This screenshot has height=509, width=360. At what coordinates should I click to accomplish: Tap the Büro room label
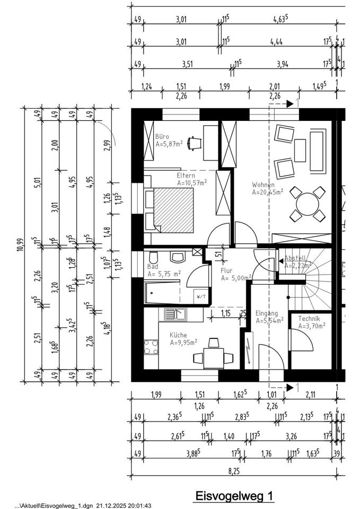[162, 136]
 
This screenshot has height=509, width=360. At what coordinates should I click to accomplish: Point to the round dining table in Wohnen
[308, 204]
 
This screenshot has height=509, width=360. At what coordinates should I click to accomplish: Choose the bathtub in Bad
[164, 293]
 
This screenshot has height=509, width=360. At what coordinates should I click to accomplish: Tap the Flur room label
[226, 270]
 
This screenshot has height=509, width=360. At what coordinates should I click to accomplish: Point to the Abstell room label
[295, 258]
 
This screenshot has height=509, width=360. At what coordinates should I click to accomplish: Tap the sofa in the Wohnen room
[317, 153]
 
